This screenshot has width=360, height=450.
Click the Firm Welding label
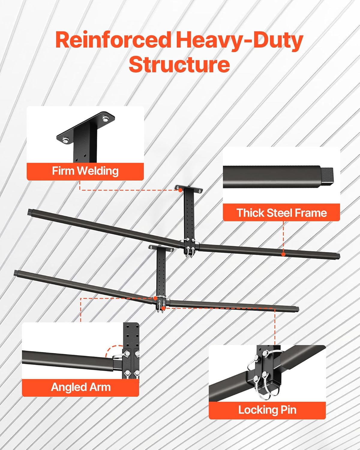tap(85, 171)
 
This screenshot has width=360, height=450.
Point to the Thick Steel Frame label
tap(282, 213)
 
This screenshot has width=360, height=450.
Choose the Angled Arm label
tap(81, 387)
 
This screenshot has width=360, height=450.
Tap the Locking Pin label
tap(267, 409)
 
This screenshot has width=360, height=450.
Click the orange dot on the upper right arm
tap(283, 254)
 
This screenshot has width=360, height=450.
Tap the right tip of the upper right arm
tap(339, 256)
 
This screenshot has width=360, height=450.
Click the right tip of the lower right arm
tap(298, 309)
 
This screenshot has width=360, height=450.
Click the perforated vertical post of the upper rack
tap(190, 216)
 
